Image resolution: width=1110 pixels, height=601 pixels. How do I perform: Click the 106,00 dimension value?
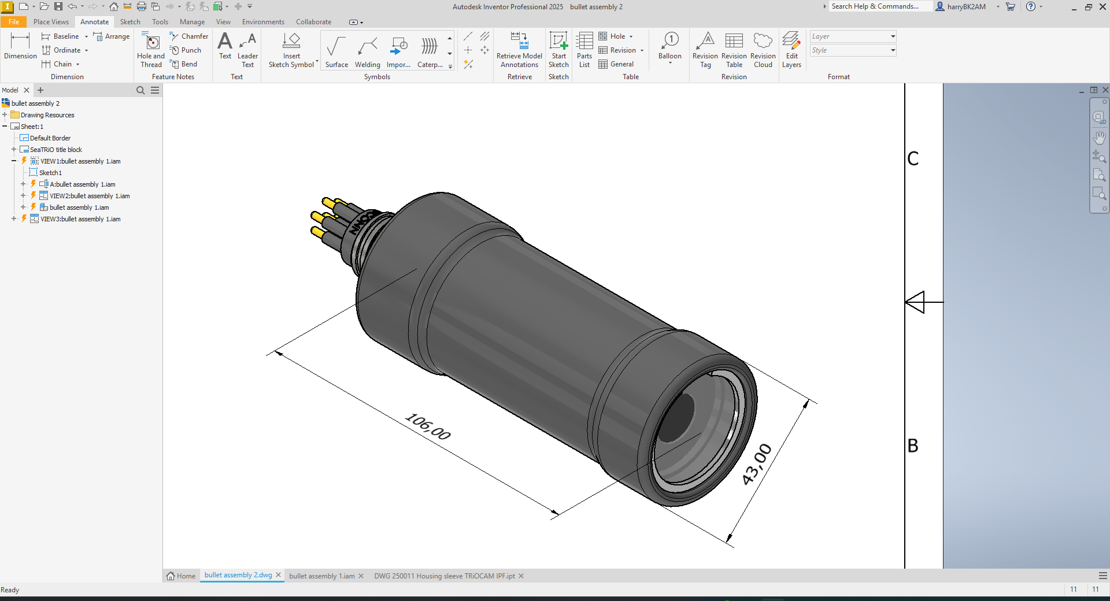(x=428, y=426)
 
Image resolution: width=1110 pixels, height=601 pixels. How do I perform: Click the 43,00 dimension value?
(x=757, y=464)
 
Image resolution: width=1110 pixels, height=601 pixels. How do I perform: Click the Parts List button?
(x=584, y=50)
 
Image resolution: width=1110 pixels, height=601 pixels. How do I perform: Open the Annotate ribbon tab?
(x=94, y=22)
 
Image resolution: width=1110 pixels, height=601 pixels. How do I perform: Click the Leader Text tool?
(x=247, y=50)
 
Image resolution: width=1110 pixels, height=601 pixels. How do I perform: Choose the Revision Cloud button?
(x=763, y=50)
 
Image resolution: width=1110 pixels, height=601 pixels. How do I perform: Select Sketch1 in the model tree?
(x=50, y=173)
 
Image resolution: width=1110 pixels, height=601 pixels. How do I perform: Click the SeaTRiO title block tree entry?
(x=56, y=150)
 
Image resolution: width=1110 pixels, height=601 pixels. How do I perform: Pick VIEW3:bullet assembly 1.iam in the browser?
(x=80, y=219)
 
